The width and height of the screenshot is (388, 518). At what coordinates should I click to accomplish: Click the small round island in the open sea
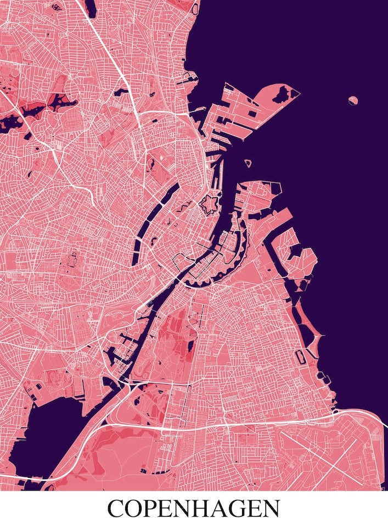(353, 100)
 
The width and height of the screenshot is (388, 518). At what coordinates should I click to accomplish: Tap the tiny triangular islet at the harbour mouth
(248, 163)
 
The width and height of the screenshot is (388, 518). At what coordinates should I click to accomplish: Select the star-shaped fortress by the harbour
(209, 206)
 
